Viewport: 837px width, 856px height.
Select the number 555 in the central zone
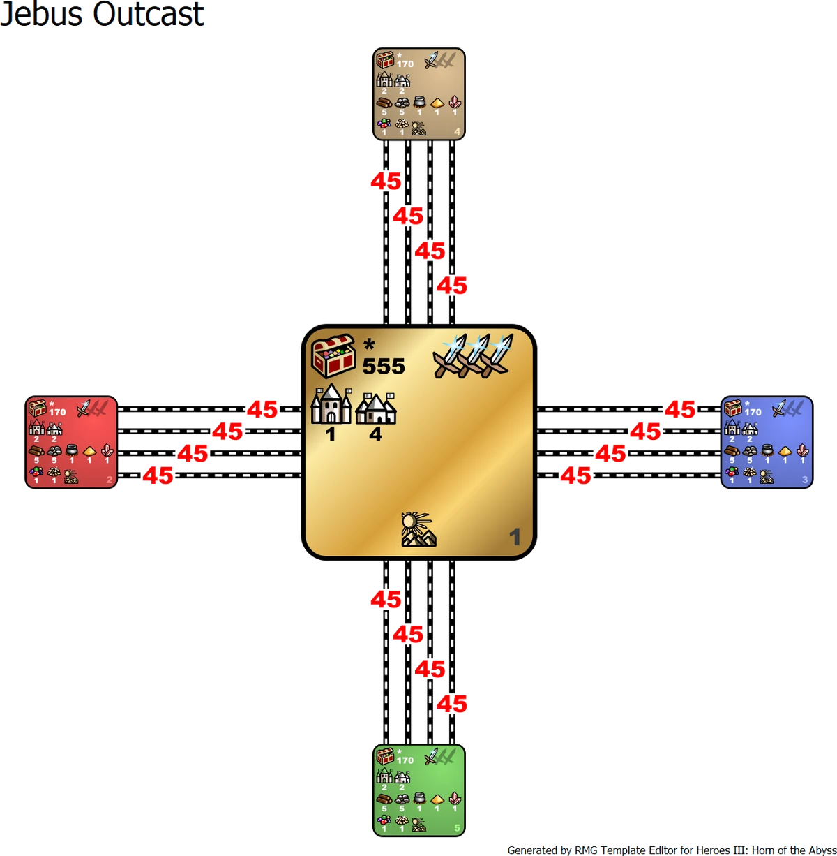(383, 366)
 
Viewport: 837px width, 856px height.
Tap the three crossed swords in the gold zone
(473, 355)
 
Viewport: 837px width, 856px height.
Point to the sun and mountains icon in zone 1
(418, 529)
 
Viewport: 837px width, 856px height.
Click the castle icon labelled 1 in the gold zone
(331, 404)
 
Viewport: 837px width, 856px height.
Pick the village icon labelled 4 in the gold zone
(376, 409)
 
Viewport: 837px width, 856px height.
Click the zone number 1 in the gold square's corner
(515, 537)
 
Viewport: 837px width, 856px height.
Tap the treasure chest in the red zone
(37, 408)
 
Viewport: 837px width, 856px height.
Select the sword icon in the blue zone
(779, 408)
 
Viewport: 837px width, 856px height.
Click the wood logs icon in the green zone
(384, 799)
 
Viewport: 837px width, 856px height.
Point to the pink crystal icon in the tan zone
(455, 102)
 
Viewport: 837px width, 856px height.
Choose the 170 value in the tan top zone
(405, 64)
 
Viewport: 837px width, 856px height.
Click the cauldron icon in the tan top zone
(419, 101)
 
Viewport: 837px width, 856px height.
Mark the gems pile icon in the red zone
(36, 472)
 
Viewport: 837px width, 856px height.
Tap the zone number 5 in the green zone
(457, 829)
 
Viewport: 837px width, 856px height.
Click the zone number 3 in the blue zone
(805, 480)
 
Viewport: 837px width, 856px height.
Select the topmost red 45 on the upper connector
(386, 182)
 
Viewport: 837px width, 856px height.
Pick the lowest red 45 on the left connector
(158, 476)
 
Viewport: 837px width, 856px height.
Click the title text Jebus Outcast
(103, 14)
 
